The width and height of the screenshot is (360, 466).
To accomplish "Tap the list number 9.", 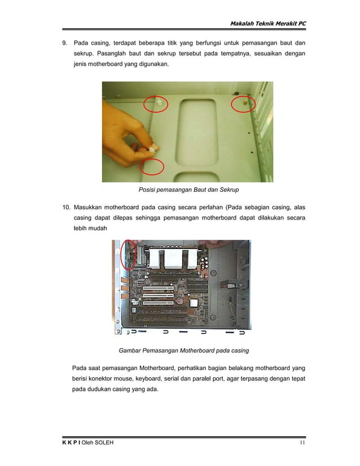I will coord(64,43).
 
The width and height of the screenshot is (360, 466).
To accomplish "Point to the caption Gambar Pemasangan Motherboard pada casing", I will coord(183,350).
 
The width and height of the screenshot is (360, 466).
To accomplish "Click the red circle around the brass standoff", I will coord(244,104).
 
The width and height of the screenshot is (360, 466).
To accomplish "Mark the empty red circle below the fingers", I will coord(152,168).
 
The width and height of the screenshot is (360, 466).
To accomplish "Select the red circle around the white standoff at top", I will coord(156,104).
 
